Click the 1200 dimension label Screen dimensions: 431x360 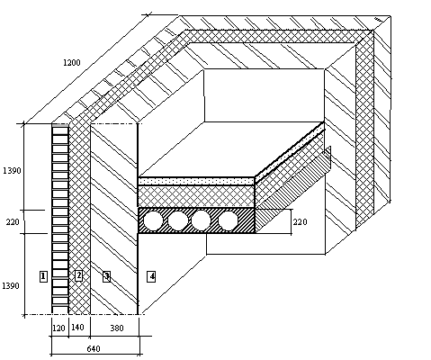(72, 63)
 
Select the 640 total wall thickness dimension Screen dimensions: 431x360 (94, 349)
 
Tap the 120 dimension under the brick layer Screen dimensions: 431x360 (58, 328)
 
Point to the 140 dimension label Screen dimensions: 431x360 (77, 328)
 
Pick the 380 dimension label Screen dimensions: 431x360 (117, 328)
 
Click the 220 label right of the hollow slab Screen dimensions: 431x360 (300, 222)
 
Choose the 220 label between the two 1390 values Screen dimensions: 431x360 (13, 222)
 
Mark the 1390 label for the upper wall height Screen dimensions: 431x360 (12, 171)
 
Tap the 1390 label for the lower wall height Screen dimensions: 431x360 (11, 286)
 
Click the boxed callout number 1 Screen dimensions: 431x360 (43, 276)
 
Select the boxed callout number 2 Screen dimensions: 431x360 (78, 275)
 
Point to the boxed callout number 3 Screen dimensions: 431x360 (106, 276)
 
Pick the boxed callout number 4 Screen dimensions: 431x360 (151, 276)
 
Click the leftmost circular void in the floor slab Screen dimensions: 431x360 (153, 220)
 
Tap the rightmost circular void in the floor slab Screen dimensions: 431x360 (229, 220)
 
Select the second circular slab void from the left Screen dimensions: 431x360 (177, 220)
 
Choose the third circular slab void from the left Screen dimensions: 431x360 (201, 220)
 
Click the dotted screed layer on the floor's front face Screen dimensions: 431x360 (196, 182)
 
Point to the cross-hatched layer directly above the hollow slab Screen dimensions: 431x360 (196, 196)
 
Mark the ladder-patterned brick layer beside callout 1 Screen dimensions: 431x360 (60, 219)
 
